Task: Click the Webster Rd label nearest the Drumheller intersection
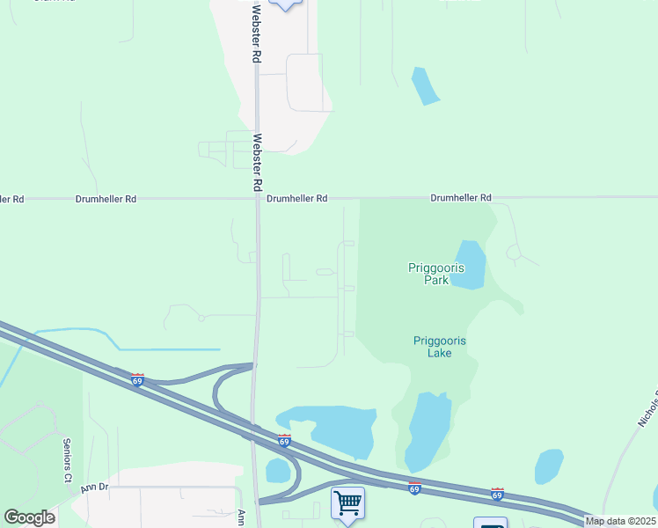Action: tap(258, 162)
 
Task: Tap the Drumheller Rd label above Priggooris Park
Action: tap(460, 199)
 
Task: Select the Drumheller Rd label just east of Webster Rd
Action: tap(297, 200)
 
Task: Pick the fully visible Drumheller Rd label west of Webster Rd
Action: tap(106, 200)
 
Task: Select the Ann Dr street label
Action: tap(93, 487)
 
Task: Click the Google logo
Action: tap(29, 517)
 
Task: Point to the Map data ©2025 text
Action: tap(620, 521)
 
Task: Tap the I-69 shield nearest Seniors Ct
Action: tap(137, 379)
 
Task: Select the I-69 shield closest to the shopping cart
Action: tap(414, 488)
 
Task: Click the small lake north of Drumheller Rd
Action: tap(425, 85)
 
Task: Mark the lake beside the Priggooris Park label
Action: tap(470, 264)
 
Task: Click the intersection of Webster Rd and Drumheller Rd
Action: tap(258, 199)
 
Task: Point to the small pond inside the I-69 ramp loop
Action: tap(278, 471)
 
